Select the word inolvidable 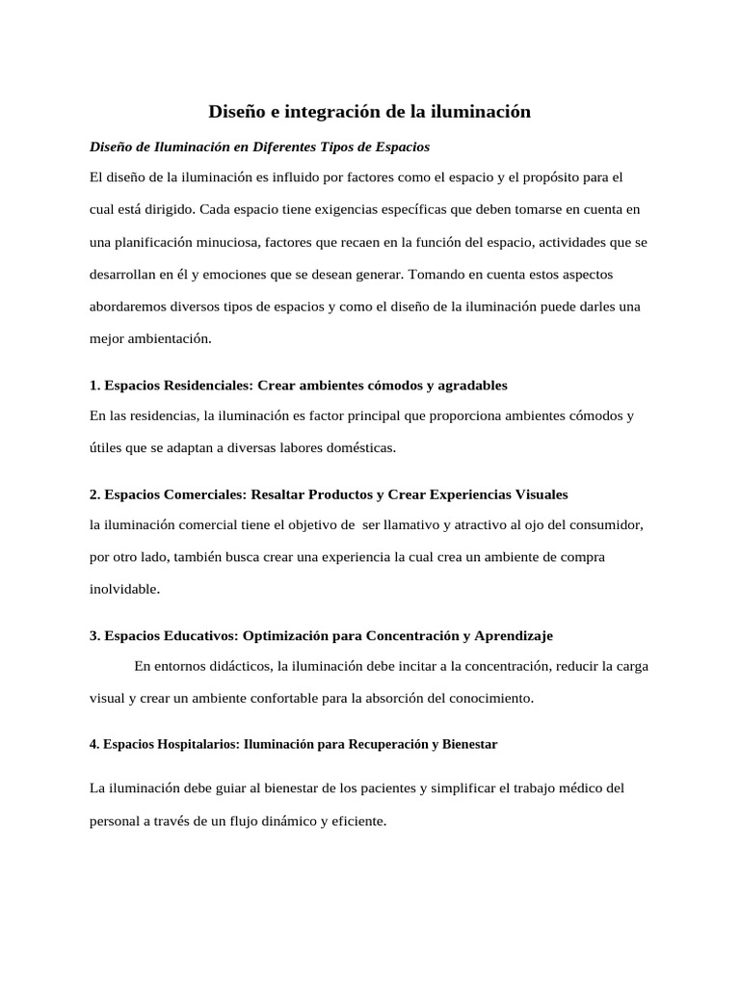click(122, 588)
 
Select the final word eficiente click(356, 822)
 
